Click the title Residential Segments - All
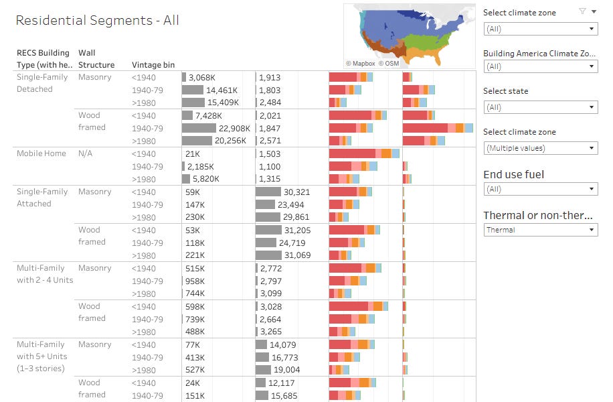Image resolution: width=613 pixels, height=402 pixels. pos(97,21)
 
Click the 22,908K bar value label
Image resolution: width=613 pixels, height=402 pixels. pos(234,128)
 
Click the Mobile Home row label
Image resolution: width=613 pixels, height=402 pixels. pos(41,153)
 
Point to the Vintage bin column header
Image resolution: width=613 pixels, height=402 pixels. pos(153,65)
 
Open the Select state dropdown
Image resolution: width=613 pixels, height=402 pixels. pos(540,107)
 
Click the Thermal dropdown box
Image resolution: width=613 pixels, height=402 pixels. pos(540,230)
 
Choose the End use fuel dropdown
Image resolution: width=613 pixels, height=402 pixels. pos(540,189)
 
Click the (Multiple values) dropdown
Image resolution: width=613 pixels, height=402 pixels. pos(540,148)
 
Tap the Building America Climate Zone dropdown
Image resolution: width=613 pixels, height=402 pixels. pos(540,66)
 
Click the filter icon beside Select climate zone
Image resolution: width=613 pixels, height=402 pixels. pos(582,11)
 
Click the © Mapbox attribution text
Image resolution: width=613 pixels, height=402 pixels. pos(360,63)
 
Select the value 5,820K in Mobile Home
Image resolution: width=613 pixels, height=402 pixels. pos(204,179)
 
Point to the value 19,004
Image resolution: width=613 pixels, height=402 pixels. pos(287,370)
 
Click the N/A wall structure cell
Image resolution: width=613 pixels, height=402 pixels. pos(86,153)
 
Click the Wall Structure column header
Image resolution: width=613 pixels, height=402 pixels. pos(96,59)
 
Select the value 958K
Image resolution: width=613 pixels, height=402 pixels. pos(195,281)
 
